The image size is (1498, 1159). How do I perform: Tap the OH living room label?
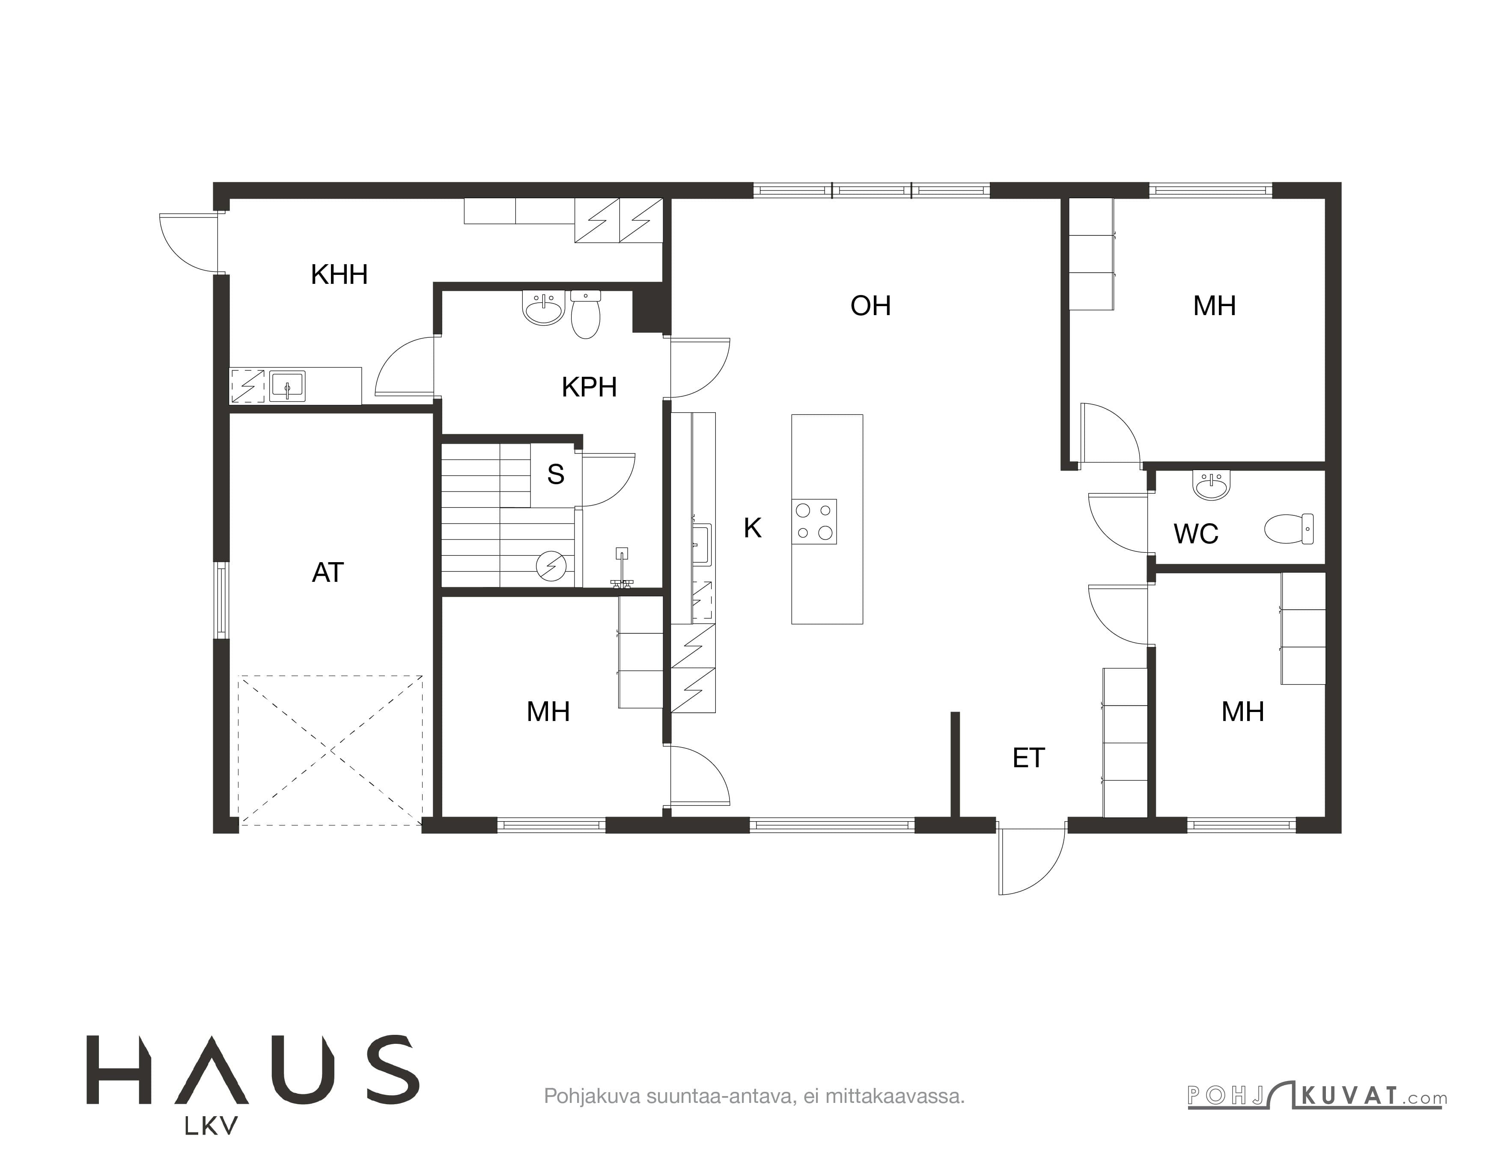click(x=870, y=305)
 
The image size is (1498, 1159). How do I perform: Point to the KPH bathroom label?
click(x=589, y=387)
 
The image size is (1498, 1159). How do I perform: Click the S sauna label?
click(x=556, y=474)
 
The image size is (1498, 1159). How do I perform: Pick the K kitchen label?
click(x=753, y=528)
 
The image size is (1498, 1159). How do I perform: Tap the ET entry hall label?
click(x=1028, y=758)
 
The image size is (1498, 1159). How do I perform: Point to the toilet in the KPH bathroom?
click(x=585, y=314)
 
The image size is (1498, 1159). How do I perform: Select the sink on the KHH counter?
click(x=287, y=386)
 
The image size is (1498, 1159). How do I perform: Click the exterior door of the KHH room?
click(x=189, y=241)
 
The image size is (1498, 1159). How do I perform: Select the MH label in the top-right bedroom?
click(x=1214, y=306)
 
